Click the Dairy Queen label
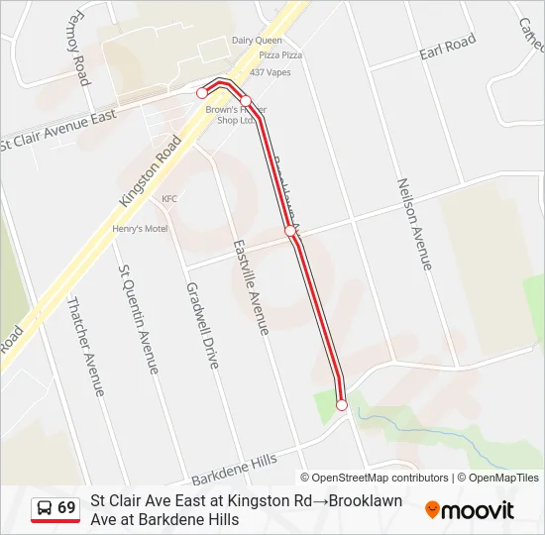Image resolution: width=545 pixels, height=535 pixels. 257,41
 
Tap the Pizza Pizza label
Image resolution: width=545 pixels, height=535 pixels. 280,55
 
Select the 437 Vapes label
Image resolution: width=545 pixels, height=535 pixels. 271,72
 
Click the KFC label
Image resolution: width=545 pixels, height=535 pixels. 169,198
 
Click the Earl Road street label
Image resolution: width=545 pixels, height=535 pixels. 447,46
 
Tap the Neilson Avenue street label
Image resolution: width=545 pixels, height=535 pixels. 414,224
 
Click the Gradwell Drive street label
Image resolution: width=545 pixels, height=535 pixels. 202,325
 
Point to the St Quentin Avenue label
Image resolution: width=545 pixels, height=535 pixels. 139,318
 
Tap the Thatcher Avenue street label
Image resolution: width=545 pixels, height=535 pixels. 85,347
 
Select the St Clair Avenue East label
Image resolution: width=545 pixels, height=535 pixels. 59,130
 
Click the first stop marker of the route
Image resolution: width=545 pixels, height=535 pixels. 202,93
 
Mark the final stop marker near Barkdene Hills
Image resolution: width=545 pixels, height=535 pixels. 342,404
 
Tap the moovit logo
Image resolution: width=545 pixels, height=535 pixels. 470,510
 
